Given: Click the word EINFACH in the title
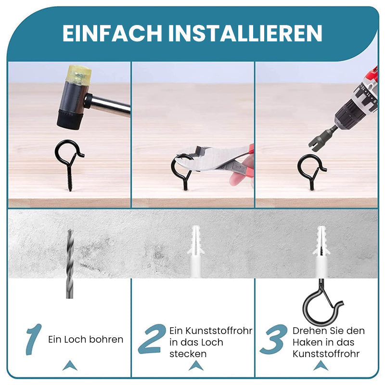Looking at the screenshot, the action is tap(112, 33).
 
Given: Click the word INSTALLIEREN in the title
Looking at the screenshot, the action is tap(245, 33).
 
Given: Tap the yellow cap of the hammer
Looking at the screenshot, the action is tap(79, 75).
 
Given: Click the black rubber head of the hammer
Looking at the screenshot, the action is tap(70, 120).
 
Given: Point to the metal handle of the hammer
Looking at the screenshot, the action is tap(109, 104).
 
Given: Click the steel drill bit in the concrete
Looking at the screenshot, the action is tap(70, 264).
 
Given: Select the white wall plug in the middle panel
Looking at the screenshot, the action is tap(195, 252).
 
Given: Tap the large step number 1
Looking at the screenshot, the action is tap(34, 339).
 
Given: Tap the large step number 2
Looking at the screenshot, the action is tap(152, 339).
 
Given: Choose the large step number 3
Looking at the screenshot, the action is tap(274, 339).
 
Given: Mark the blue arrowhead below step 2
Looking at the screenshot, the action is tap(196, 366).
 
